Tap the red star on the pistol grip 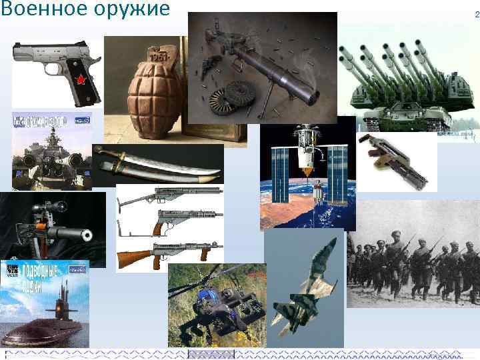pos(81,81)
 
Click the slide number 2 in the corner pos(477,13)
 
